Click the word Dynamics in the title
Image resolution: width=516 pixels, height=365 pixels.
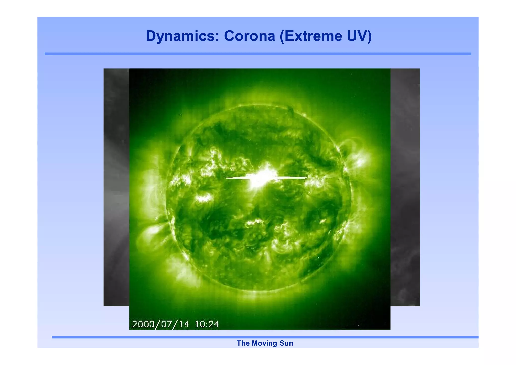(x=182, y=36)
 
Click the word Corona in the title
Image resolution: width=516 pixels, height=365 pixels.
(x=249, y=36)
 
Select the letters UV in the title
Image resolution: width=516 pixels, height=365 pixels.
(x=357, y=36)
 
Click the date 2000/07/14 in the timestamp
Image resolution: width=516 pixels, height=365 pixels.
(x=160, y=324)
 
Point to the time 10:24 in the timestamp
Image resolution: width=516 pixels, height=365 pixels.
(x=207, y=324)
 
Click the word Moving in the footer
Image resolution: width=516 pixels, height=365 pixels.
(x=264, y=343)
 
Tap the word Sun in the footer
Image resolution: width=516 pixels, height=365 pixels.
(x=286, y=343)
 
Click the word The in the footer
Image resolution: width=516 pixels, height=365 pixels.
(x=243, y=343)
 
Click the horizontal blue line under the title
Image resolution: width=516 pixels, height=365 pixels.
(x=258, y=54)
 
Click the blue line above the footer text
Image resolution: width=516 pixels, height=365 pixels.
(x=265, y=337)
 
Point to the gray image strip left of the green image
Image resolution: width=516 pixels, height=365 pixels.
(x=116, y=187)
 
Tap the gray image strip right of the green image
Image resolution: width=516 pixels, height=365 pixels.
(x=405, y=187)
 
